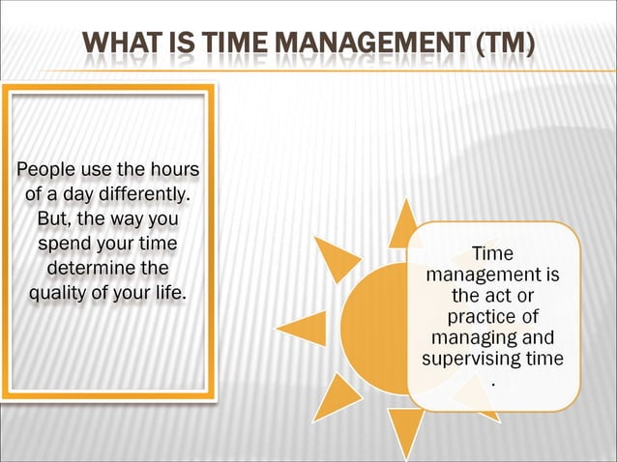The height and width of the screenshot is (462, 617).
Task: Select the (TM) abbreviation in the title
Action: click(x=502, y=44)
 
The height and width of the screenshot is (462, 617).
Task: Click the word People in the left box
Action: click(x=44, y=172)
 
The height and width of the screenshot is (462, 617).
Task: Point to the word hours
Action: click(x=171, y=172)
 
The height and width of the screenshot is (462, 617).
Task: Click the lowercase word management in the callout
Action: click(x=492, y=275)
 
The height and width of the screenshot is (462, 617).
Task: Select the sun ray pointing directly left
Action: click(x=304, y=329)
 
